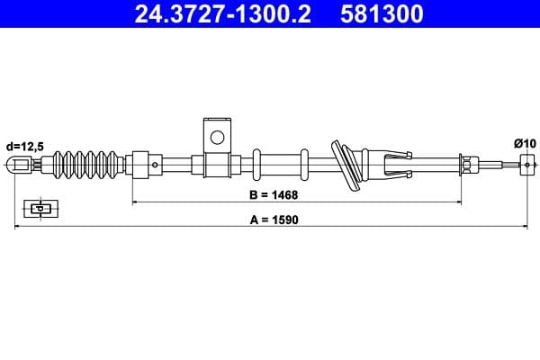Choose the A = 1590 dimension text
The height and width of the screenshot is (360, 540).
pos(272,218)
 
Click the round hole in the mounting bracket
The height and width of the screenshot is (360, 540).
pos(216,138)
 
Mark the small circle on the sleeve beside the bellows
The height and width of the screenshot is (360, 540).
pos(155,165)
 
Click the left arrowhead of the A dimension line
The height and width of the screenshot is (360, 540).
pos(19,228)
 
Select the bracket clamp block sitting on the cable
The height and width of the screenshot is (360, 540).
pos(216,165)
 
